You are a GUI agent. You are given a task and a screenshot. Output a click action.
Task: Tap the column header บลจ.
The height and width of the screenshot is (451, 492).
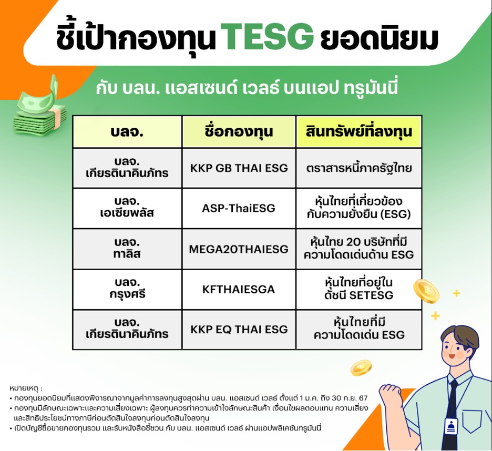pos(127,132)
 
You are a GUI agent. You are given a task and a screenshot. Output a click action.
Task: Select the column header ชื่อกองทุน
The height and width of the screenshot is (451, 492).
pos(239,132)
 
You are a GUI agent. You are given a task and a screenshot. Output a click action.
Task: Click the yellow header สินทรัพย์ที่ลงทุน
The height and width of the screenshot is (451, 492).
pos(359,132)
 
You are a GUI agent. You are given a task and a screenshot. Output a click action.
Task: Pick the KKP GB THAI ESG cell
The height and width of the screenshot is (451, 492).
pos(239,168)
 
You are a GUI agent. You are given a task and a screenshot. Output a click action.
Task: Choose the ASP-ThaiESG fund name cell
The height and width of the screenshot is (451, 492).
pos(239,208)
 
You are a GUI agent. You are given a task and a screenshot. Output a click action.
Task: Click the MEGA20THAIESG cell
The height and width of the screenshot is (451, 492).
pos(239,249)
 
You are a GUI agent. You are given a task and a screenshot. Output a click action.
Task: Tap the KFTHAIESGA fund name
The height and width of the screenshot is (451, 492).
pos(239,289)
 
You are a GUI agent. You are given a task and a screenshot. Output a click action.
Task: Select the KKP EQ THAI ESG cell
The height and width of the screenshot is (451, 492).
pos(239,330)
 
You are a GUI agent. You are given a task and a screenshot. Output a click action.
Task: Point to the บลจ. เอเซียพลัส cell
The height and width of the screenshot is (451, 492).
pos(127,208)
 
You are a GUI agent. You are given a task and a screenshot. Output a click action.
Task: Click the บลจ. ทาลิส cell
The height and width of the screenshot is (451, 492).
pos(127,249)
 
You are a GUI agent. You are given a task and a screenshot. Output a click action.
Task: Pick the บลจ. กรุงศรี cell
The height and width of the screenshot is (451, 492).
pos(127,289)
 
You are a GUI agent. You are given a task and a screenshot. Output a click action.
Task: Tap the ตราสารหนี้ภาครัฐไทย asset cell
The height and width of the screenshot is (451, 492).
pos(359,168)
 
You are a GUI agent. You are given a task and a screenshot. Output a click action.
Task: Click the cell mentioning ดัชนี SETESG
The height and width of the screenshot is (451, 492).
pos(359,289)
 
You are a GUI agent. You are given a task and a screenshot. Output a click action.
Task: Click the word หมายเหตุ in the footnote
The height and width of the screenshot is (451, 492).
pos(25,388)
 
